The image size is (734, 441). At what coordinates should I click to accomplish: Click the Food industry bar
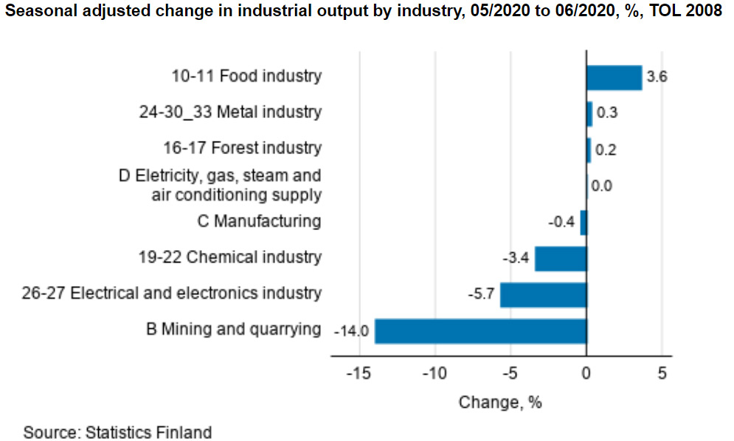[x=614, y=77]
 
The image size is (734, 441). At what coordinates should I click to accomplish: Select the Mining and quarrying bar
[x=480, y=331]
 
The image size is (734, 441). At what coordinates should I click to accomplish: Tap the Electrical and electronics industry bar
[x=543, y=295]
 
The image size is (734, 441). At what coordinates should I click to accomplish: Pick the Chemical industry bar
[x=560, y=259]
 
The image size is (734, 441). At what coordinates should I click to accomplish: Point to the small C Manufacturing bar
[x=584, y=223]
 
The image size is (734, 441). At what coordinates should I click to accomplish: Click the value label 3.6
[x=657, y=77]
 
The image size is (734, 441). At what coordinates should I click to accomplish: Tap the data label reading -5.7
[x=481, y=295]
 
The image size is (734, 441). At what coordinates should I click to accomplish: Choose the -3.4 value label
[x=516, y=259]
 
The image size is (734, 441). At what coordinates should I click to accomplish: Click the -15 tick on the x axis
[x=358, y=373]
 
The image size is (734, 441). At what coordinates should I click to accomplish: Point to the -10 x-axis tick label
[x=434, y=373]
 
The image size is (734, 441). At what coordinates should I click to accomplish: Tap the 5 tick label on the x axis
[x=662, y=373]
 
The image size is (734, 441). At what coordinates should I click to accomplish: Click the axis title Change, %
[x=500, y=403]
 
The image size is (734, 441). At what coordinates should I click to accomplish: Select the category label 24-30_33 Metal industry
[x=230, y=112]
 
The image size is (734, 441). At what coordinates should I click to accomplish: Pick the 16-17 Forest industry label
[x=242, y=148]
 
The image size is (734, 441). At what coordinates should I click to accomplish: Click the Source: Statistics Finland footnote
[x=117, y=432]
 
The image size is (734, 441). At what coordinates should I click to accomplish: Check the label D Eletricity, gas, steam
[x=220, y=176]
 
